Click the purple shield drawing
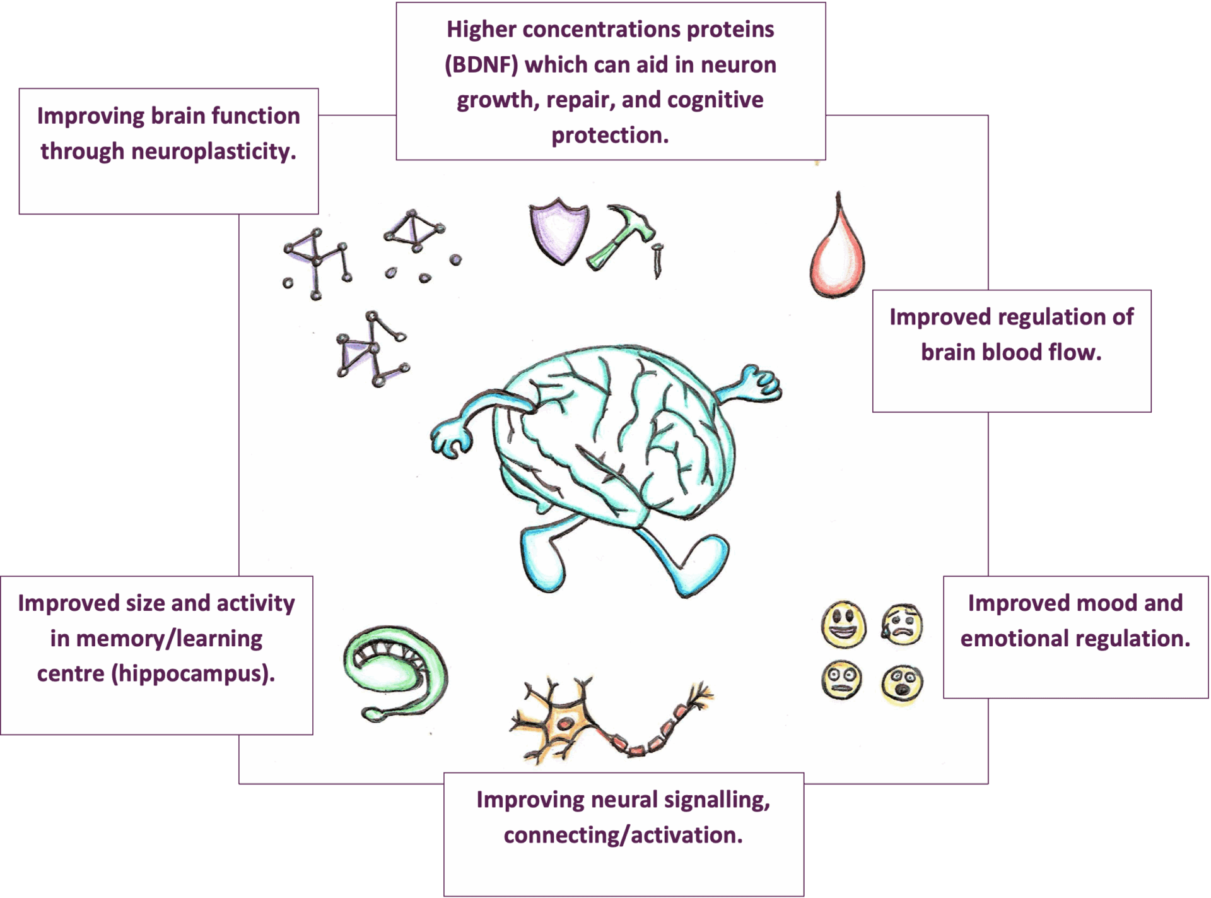point(558,231)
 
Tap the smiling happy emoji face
point(843,624)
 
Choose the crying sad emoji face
point(902,625)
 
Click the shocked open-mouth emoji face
point(903,683)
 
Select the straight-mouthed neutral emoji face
point(842,680)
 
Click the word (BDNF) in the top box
point(481,65)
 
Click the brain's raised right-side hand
point(760,382)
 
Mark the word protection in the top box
point(610,136)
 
